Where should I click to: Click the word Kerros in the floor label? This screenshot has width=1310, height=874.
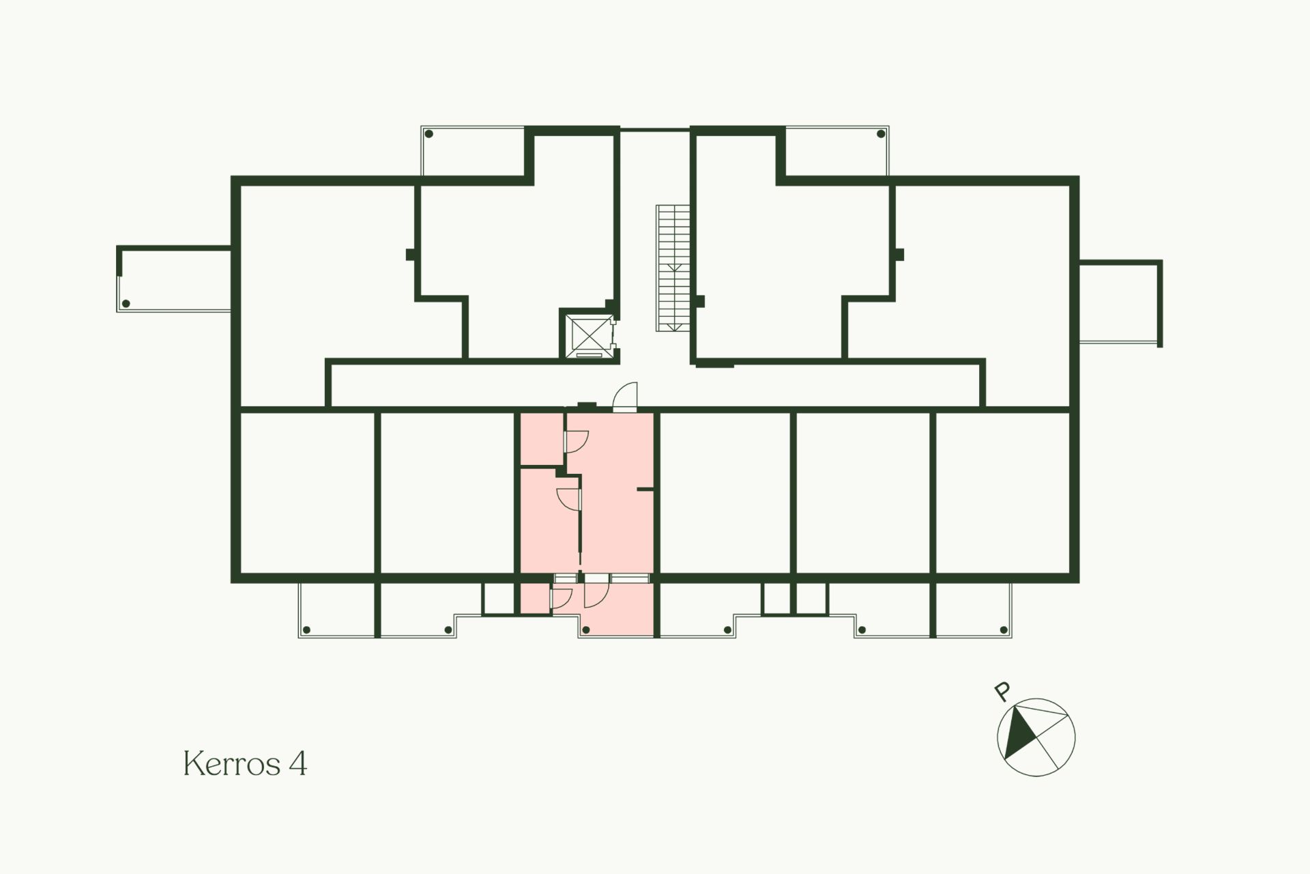click(232, 763)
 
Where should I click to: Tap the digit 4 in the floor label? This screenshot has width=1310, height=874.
click(298, 763)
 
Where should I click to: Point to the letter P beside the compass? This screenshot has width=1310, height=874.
click(1002, 692)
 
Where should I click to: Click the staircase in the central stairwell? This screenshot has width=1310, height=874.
click(673, 268)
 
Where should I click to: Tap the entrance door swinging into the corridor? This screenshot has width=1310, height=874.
click(625, 397)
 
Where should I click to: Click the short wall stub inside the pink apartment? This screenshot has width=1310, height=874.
click(645, 490)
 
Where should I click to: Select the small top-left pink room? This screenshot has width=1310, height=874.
click(542, 438)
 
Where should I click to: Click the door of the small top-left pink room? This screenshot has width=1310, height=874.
click(576, 442)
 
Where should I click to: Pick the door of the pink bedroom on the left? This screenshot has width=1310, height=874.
click(568, 499)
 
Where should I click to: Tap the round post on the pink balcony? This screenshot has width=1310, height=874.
click(586, 630)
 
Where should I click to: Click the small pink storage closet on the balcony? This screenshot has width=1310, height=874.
click(536, 598)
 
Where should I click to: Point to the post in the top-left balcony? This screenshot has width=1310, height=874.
click(428, 134)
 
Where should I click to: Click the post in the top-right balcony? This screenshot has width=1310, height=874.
click(881, 134)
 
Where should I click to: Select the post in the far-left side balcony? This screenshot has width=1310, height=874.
click(126, 304)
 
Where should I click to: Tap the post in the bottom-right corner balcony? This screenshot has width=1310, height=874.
click(1003, 630)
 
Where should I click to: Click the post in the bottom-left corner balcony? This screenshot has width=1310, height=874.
click(306, 630)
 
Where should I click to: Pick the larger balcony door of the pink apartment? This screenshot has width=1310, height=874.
click(595, 593)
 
